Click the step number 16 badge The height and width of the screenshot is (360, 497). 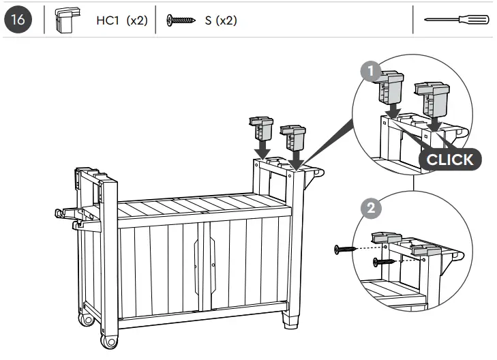19,20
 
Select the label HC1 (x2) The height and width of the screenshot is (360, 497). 121,20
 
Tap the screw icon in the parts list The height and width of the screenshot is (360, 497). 181,20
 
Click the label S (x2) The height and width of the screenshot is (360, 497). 221,20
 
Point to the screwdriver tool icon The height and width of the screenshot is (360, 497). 456,21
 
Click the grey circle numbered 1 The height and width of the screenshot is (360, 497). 369,71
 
